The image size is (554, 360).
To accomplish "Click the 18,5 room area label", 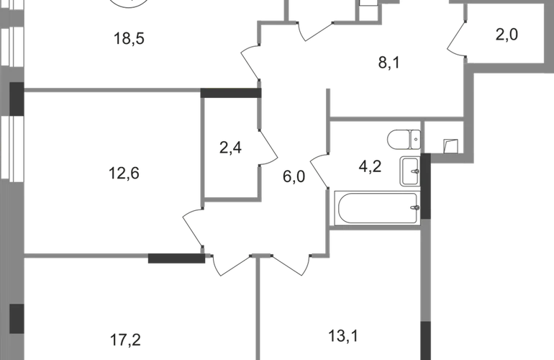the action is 129,39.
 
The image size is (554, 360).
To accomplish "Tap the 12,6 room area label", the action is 124,174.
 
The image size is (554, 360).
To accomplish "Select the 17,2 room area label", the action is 125,340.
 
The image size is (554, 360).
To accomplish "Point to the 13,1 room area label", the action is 343,336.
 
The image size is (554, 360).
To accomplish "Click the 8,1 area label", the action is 389,63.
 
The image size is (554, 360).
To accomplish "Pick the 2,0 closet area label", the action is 507,35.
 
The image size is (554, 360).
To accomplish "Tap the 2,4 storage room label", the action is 230,148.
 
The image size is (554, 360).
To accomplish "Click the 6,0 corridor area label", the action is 294,176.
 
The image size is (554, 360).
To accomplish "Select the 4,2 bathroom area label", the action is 370,166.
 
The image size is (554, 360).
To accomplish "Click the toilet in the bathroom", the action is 404,140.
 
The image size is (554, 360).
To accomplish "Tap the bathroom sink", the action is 410,171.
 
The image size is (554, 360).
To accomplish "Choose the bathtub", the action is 377,208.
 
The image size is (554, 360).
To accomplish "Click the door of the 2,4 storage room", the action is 269,148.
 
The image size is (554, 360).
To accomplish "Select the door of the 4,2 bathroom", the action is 319,171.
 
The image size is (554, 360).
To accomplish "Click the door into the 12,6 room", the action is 193,228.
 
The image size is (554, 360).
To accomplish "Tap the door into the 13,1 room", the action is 291,264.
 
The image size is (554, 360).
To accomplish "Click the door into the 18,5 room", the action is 250,61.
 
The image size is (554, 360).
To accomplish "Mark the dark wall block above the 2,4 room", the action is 231,93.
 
